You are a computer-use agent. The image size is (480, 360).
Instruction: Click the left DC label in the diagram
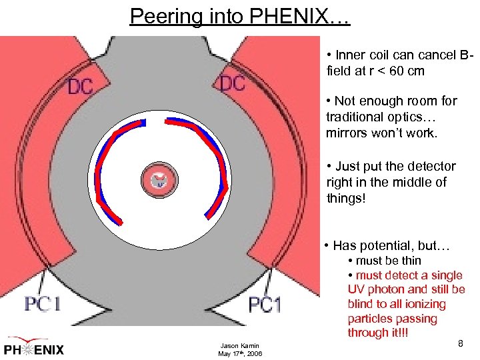tap(80, 87)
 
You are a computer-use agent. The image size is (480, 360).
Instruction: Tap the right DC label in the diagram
tap(232, 83)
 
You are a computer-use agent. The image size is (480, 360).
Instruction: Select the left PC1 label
tap(43, 304)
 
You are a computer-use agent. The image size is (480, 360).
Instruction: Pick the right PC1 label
tap(265, 305)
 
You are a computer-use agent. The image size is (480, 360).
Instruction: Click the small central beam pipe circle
tap(159, 179)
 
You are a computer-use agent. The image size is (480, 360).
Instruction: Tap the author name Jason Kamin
tap(240, 345)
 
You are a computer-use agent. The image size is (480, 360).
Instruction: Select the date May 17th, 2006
tap(240, 353)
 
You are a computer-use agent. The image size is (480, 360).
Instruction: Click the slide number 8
tap(460, 343)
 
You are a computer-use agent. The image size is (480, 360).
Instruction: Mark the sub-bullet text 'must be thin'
tap(388, 261)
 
